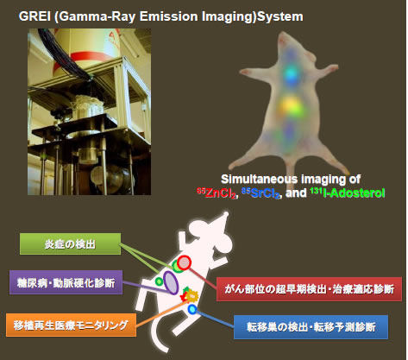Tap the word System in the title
point(280,16)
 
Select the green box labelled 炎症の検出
point(70,244)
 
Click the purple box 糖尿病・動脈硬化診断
point(66,282)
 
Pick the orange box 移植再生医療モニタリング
point(71,325)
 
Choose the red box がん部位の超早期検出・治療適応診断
point(309,289)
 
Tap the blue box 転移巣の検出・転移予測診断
point(311,327)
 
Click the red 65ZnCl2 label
point(217,193)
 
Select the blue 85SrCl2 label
point(261,193)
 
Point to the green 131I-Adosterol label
point(348,193)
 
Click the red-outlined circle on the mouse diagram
point(184,262)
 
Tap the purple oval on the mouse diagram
point(171,282)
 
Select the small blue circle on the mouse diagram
point(192,309)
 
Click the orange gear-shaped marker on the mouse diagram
point(191,296)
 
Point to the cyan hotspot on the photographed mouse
point(292,74)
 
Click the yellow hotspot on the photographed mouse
point(290,107)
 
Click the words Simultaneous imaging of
point(291,179)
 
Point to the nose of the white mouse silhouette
point(226,214)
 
